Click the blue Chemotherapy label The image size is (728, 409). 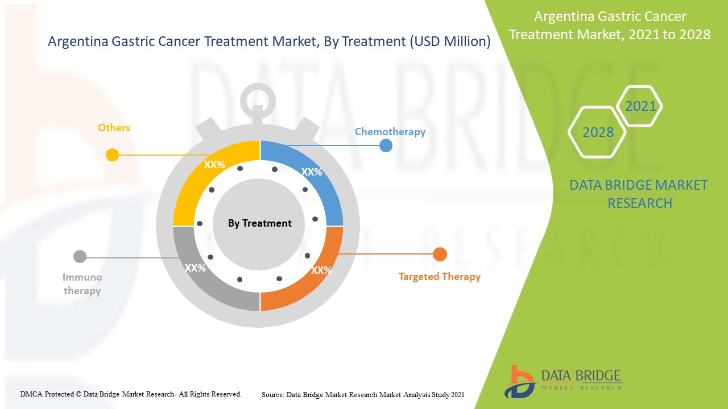[390, 132]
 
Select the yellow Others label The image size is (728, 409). [114, 128]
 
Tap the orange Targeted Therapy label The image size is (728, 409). [440, 277]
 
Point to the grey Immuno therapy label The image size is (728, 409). [82, 284]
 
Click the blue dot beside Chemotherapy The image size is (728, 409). [386, 145]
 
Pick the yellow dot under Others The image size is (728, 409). [112, 155]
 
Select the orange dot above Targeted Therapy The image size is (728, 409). [440, 254]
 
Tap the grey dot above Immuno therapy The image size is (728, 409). [80, 256]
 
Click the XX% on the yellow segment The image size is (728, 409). [214, 165]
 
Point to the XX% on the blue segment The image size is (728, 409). [312, 172]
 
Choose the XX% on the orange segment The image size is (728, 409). [321, 270]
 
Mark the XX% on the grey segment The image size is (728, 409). [195, 268]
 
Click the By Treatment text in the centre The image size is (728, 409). [260, 223]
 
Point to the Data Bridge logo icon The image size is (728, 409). [519, 381]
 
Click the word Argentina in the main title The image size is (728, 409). [78, 41]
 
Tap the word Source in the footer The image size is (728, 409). [272, 395]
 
